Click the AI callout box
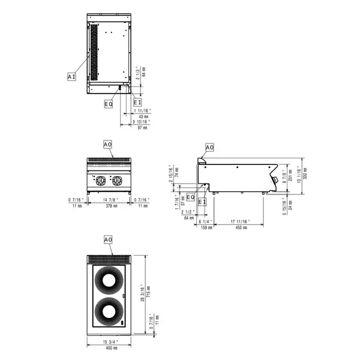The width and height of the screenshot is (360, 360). coord(71,77)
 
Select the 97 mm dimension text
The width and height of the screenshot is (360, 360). coord(142,128)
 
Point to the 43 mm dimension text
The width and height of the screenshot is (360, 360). coord(142,116)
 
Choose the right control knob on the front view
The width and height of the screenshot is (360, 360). coord(118,180)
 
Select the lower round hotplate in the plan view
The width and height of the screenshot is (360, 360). coord(109,311)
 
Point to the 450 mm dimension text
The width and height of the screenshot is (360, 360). coord(241,228)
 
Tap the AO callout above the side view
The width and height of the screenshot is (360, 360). coord(209,147)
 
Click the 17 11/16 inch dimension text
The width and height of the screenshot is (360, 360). coord(241,222)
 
